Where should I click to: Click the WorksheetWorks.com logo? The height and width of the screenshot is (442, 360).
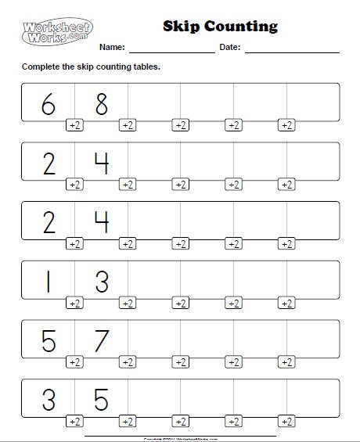tap(52, 33)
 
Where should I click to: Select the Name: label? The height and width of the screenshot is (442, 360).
tap(111, 48)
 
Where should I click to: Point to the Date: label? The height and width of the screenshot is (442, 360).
tap(229, 48)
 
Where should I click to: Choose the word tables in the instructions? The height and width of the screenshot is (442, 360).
tap(145, 66)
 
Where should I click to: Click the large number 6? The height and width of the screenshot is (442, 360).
tap(48, 102)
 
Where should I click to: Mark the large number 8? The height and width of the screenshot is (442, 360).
tap(101, 102)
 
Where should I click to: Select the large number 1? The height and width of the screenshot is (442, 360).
tap(48, 281)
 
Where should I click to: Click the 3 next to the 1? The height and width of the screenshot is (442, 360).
tap(101, 281)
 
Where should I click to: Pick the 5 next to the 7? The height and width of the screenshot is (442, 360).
tap(48, 340)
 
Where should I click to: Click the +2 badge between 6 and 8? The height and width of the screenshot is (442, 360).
tap(74, 124)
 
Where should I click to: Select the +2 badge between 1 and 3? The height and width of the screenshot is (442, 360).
tap(74, 303)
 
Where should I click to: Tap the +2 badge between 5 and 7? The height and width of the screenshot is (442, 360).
tap(74, 362)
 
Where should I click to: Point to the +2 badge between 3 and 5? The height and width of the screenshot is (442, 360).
tap(74, 422)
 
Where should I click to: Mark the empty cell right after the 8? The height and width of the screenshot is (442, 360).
tap(154, 102)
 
